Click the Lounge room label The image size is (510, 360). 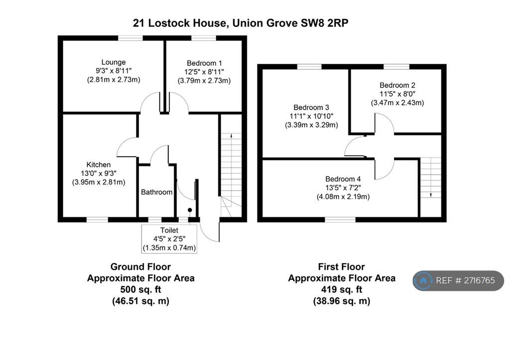click(113, 62)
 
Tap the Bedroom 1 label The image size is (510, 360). click(204, 63)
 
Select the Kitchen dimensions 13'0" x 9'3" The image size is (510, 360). click(99, 173)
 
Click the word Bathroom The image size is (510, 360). click(156, 192)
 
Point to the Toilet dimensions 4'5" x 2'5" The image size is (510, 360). click(169, 239)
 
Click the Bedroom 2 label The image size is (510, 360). click(397, 85)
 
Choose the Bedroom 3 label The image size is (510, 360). click(311, 108)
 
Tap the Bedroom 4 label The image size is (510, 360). click(343, 179)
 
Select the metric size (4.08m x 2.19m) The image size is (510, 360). click(343, 197)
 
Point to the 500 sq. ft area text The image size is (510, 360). click(140, 289)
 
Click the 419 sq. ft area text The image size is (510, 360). click(341, 289)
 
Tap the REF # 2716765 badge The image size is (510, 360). click(458, 281)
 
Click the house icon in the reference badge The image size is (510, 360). click(423, 281)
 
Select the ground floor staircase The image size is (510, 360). click(231, 164)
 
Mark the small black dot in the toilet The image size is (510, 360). click(190, 211)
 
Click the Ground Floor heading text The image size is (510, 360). click(140, 267)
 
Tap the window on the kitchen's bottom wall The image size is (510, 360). click(98, 219)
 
